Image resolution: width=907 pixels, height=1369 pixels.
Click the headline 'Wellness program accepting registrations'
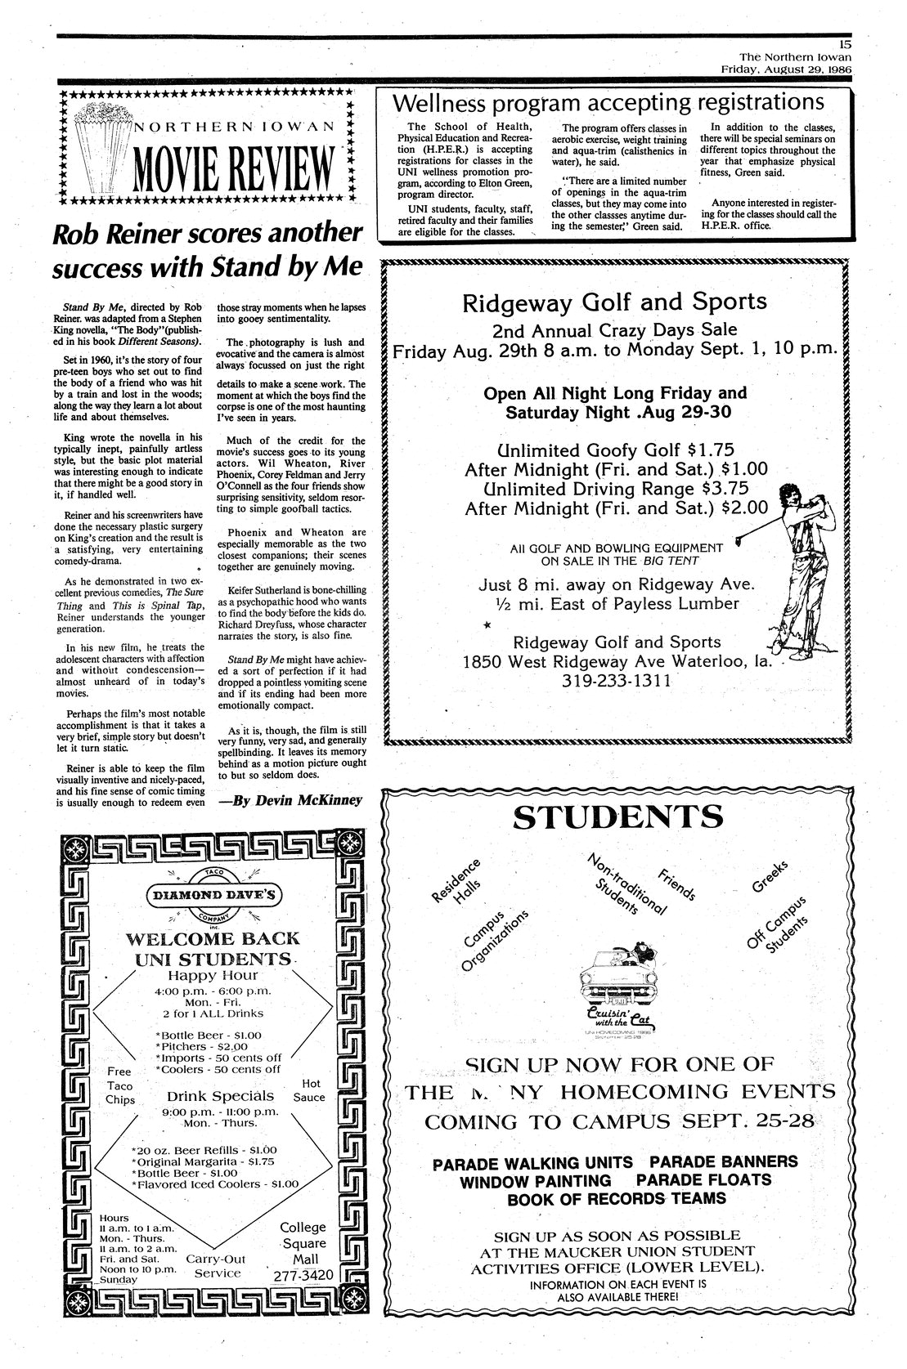pos(608,102)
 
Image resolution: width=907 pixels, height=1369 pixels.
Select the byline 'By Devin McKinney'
pos(290,800)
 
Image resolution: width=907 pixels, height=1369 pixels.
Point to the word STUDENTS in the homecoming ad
pos(617,817)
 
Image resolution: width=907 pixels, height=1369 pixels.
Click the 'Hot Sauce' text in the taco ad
pos(308,1090)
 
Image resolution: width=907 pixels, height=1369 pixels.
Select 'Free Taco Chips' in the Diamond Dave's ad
pos(120,1085)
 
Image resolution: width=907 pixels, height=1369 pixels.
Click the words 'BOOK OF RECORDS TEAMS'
pos(617,1198)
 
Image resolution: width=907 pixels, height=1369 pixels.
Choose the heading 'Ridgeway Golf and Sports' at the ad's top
pos(615,302)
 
